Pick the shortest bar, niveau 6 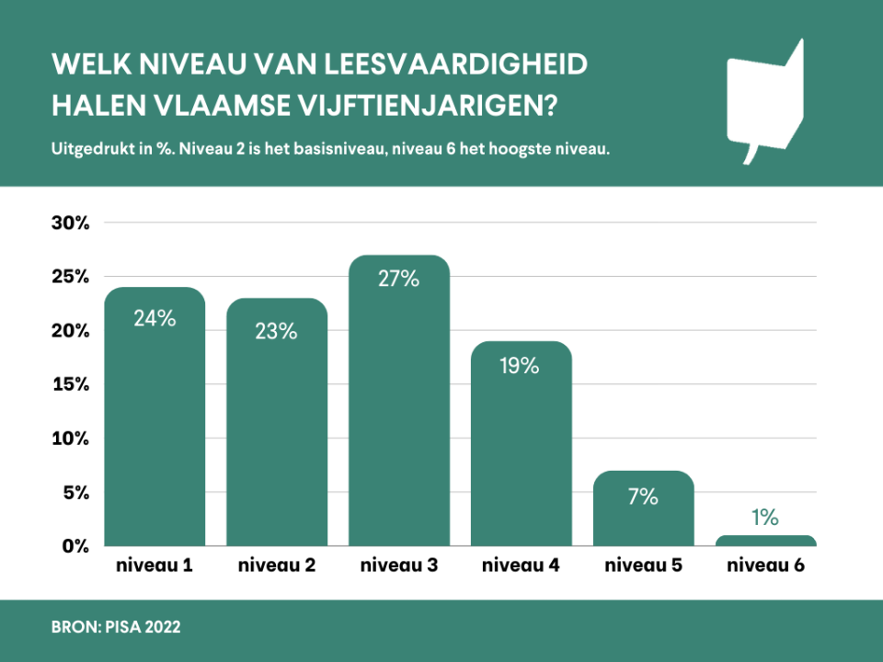[x=765, y=542]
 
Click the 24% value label [x=155, y=318]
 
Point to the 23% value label [x=277, y=331]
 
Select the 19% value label [x=521, y=366]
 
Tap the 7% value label [x=643, y=497]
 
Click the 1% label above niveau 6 [x=765, y=518]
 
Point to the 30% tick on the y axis [x=69, y=223]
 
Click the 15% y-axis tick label [x=69, y=385]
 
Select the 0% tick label [x=74, y=547]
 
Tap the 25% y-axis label [x=69, y=278]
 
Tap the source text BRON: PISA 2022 [x=117, y=628]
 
